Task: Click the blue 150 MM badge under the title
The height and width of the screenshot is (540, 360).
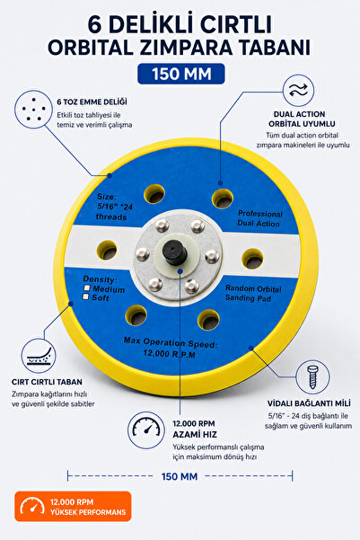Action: point(181,74)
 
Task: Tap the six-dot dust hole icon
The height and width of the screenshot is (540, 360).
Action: point(33,110)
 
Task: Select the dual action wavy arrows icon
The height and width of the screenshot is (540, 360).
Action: point(298,90)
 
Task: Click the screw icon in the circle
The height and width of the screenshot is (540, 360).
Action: point(312,377)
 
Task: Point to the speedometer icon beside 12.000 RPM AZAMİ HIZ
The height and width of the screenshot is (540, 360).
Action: point(146,429)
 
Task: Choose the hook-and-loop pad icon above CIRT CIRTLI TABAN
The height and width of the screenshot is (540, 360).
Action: point(39,356)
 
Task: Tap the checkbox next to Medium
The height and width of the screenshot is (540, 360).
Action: point(87,288)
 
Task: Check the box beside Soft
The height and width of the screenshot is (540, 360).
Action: point(85,297)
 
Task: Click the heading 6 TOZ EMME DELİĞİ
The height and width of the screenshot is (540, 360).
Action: point(92,102)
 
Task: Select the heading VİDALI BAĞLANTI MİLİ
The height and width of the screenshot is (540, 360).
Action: point(309,403)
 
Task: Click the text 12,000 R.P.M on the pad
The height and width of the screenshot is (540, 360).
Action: point(170,353)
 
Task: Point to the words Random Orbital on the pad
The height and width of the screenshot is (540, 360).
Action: point(253,288)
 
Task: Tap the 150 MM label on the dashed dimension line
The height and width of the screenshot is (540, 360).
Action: point(180,476)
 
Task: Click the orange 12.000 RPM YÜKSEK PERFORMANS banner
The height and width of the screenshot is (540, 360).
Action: point(73,506)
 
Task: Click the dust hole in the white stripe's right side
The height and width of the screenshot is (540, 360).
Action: point(252,258)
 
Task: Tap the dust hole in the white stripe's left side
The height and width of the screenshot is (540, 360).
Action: point(107,250)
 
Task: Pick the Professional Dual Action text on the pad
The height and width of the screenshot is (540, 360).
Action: point(259,218)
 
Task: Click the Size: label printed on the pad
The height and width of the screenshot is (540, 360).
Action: point(107,196)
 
